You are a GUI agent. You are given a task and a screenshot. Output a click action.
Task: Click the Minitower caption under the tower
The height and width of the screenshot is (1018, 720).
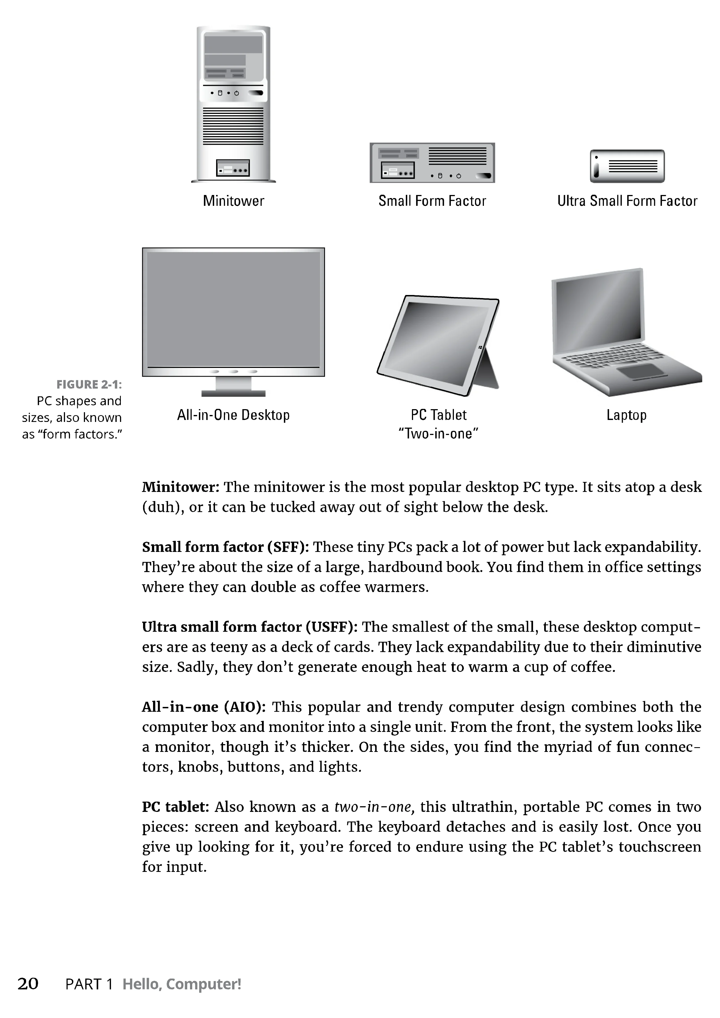[233, 201]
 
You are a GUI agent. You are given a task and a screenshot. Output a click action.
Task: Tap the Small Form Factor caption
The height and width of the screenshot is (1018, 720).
[432, 201]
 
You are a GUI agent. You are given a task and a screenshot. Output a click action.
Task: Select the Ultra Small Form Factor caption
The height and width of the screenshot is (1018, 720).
[627, 201]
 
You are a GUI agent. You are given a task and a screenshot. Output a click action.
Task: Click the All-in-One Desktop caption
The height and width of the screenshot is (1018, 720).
[233, 415]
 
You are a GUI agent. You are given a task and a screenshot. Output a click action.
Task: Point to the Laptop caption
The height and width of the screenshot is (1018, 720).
[626, 415]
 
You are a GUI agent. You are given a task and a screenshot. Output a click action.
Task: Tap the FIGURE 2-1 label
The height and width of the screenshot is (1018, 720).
[89, 384]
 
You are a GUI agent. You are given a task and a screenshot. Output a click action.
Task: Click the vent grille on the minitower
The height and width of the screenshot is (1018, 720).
[233, 126]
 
